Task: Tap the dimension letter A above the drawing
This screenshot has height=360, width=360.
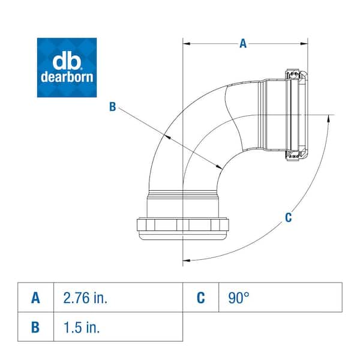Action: [242, 43]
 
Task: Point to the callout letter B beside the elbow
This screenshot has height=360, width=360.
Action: [112, 107]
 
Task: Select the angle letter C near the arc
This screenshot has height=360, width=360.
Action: [288, 217]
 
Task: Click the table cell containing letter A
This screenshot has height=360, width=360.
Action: [36, 298]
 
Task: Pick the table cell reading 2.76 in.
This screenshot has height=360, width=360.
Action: [118, 298]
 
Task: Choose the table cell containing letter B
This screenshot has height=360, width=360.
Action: [36, 327]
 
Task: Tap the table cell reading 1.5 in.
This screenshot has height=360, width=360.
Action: [118, 327]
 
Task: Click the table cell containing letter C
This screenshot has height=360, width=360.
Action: [200, 298]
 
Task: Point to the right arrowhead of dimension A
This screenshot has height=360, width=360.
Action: [304, 44]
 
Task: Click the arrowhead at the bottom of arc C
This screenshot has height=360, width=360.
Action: [186, 260]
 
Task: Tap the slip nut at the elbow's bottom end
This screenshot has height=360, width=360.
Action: [180, 227]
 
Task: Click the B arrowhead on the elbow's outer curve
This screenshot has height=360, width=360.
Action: [170, 137]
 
